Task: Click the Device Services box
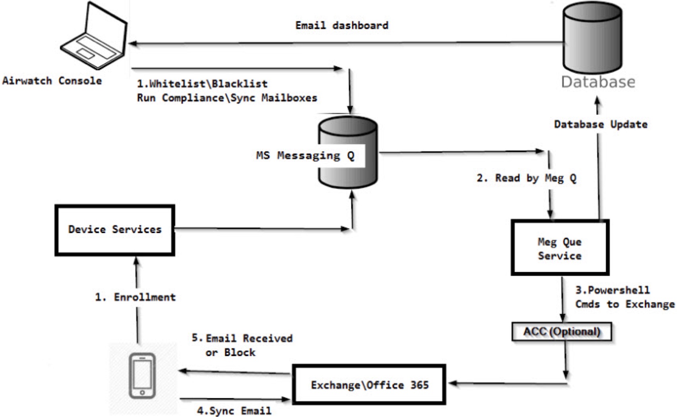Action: coord(115,230)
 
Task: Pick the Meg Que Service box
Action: coord(560,248)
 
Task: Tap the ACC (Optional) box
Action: coord(561,332)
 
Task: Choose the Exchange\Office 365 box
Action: coord(369,385)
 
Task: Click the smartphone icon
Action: coord(142,376)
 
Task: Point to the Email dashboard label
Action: coord(342,25)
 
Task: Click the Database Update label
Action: coord(601,124)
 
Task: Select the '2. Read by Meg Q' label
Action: coord(527,178)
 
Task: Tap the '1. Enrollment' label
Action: coord(135,297)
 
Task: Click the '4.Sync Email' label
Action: coord(234,411)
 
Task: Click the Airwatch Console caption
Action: coord(52,81)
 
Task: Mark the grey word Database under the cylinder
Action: coord(598,82)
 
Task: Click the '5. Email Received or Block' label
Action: coord(242,345)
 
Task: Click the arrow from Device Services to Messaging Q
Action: coord(263,229)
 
